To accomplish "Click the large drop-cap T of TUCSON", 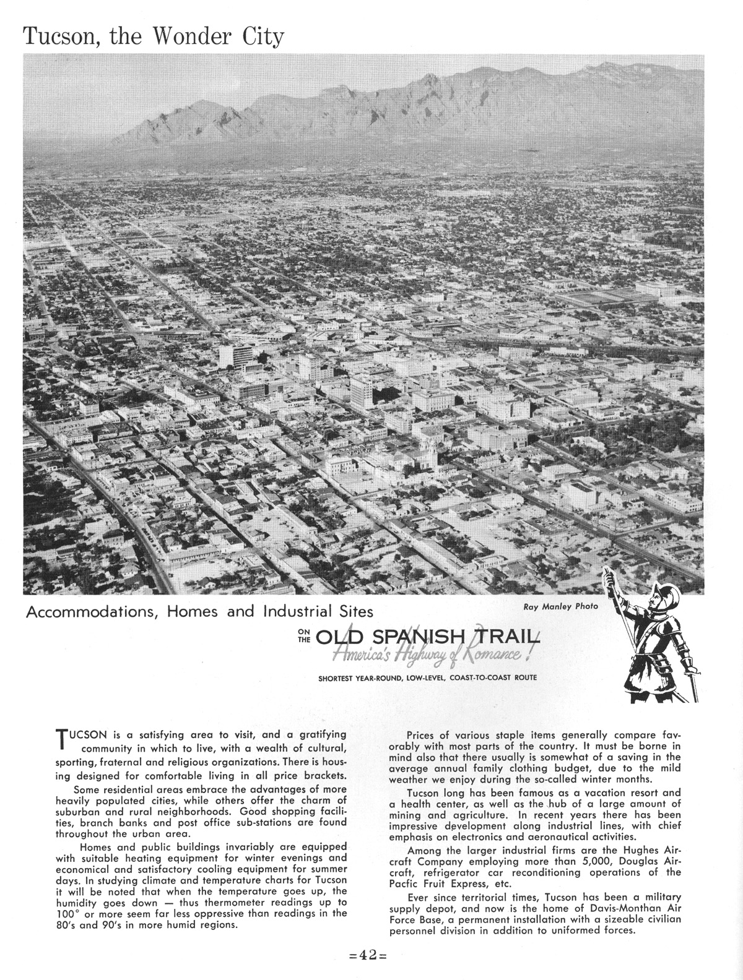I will pos(61,738).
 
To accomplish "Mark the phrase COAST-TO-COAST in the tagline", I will pos(484,678).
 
